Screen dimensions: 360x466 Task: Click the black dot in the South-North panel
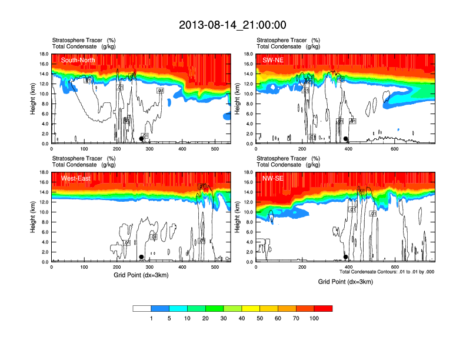click(141, 139)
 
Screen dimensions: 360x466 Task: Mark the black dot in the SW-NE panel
click(346, 139)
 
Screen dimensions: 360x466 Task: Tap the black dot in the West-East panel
click(141, 257)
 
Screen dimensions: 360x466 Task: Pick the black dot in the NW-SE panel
click(345, 257)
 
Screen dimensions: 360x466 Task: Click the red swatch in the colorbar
click(323, 308)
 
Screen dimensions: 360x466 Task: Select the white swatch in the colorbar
click(142, 308)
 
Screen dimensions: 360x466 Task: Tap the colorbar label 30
click(224, 318)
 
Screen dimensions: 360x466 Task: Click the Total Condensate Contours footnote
click(387, 271)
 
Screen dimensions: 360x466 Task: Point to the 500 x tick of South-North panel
click(215, 148)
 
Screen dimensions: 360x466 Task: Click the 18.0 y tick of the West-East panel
click(43, 172)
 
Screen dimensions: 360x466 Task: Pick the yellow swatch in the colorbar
click(269, 308)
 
